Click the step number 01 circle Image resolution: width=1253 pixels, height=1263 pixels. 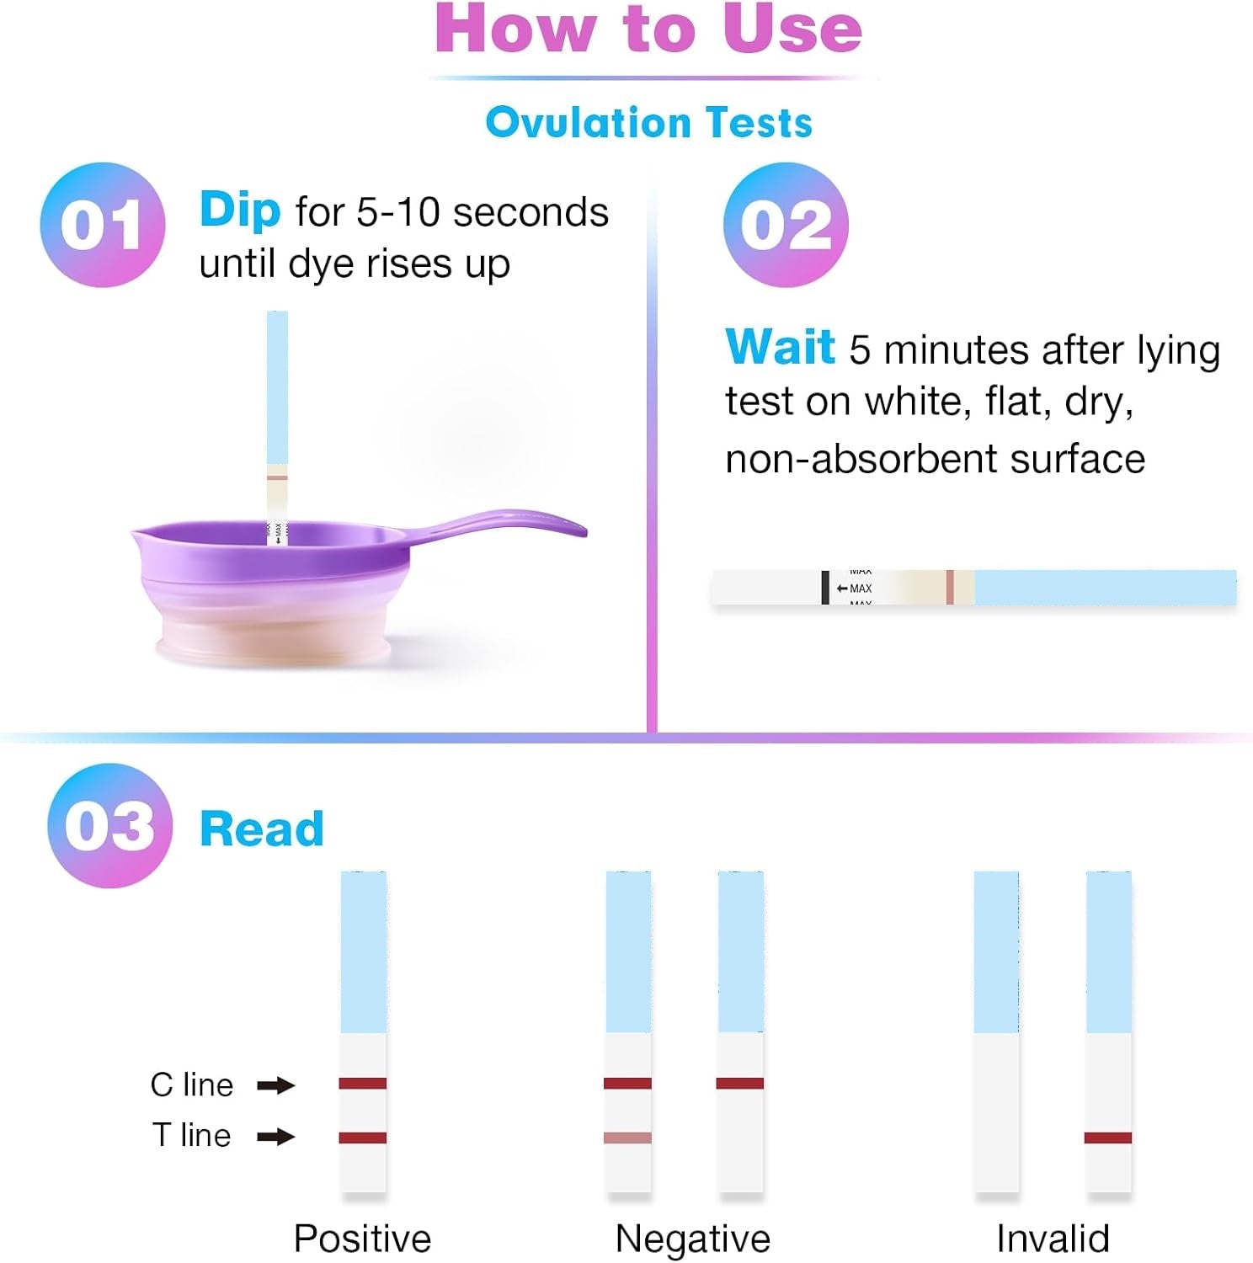pos(103,225)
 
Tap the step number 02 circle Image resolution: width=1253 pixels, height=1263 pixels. pos(786,225)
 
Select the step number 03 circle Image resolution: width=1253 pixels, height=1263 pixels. pos(109,825)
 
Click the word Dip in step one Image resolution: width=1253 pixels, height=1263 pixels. pos(240,210)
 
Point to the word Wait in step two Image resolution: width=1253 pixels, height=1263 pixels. pos(780,346)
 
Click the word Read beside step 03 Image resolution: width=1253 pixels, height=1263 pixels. pos(262,829)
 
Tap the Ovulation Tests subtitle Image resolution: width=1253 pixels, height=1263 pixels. pos(649,122)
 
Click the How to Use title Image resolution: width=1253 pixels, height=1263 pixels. pos(648,29)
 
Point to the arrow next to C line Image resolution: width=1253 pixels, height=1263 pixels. pos(276,1085)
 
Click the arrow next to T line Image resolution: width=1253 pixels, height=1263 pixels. pos(276,1138)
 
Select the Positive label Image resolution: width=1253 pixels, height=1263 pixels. pos(362,1239)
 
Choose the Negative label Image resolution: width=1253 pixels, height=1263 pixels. pos(693,1239)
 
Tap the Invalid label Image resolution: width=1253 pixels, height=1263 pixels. pos(1053,1239)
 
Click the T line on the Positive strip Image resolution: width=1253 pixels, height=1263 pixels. pos(363,1138)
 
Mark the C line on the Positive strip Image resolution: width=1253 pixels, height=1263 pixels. pos(363,1084)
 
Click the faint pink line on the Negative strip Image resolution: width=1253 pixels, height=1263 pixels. pos(627,1138)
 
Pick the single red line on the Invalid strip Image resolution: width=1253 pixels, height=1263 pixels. pos(1108,1138)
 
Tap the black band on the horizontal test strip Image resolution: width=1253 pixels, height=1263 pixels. pos(825,588)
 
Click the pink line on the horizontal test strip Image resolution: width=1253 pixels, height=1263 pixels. pos(950,588)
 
